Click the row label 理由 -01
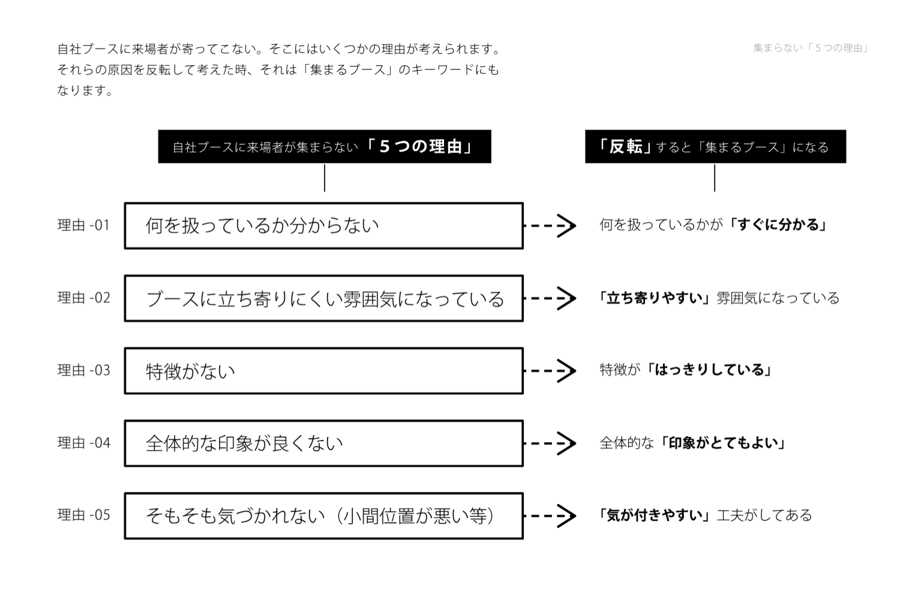pos(83,225)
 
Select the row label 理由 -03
pos(83,370)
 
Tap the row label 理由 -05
pos(83,515)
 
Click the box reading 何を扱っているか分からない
pos(323,226)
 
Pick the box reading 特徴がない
pos(323,371)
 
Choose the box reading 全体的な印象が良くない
pos(323,443)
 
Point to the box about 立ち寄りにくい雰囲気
pos(323,298)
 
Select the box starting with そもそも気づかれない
pos(323,516)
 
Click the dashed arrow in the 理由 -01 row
pos(550,226)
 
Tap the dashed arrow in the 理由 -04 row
pos(550,443)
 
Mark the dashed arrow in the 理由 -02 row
pos(550,298)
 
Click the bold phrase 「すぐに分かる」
pos(779,225)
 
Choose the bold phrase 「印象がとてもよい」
pos(724,443)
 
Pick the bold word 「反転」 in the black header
pos(625,146)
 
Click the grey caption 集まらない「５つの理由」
pos(811,48)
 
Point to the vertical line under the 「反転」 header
pos(715,178)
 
